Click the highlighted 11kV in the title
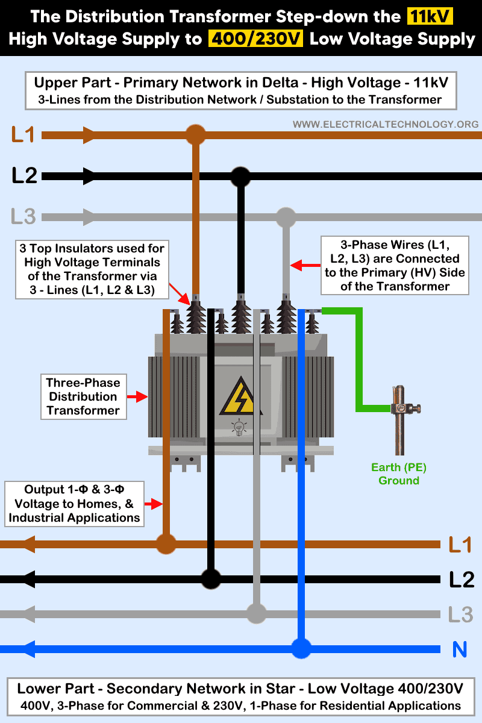pyautogui.click(x=430, y=17)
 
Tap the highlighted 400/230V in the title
pyautogui.click(x=255, y=40)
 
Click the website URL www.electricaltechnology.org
pyautogui.click(x=386, y=124)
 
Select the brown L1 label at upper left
pyautogui.click(x=23, y=134)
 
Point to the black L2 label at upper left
pyautogui.click(x=25, y=176)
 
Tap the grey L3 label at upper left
pyautogui.click(x=23, y=216)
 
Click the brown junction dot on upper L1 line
pyautogui.click(x=195, y=134)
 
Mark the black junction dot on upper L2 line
pyautogui.click(x=240, y=177)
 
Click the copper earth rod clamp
pyautogui.click(x=398, y=408)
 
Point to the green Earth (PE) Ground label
pyautogui.click(x=398, y=474)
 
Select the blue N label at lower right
pyautogui.click(x=460, y=649)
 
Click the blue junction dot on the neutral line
pyautogui.click(x=301, y=649)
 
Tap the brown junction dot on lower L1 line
pyautogui.click(x=166, y=545)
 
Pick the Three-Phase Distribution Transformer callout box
pyautogui.click(x=83, y=396)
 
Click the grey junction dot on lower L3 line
pyautogui.click(x=256, y=614)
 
